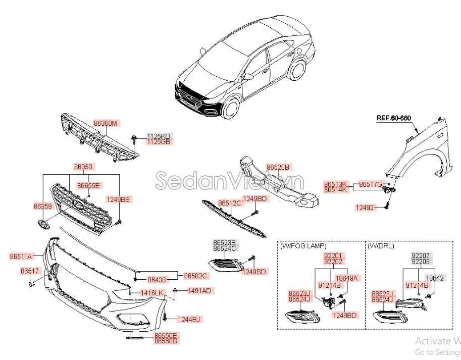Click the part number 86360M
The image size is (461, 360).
click(x=105, y=123)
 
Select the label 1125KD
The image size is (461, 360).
click(x=159, y=136)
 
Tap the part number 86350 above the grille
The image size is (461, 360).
click(x=83, y=166)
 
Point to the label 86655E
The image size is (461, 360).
click(x=88, y=185)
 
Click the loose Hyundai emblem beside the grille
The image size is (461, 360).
click(x=43, y=225)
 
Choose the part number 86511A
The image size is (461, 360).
click(x=21, y=256)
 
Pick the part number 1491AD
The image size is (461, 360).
click(x=199, y=290)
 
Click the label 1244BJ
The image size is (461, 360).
click(x=189, y=319)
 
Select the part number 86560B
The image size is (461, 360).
click(x=166, y=341)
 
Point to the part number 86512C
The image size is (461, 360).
click(x=230, y=203)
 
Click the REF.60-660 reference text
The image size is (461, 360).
click(x=394, y=118)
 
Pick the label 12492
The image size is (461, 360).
click(x=365, y=208)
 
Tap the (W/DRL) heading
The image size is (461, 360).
click(x=381, y=246)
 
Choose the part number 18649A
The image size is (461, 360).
click(x=346, y=278)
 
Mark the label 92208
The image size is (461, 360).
click(x=421, y=262)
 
